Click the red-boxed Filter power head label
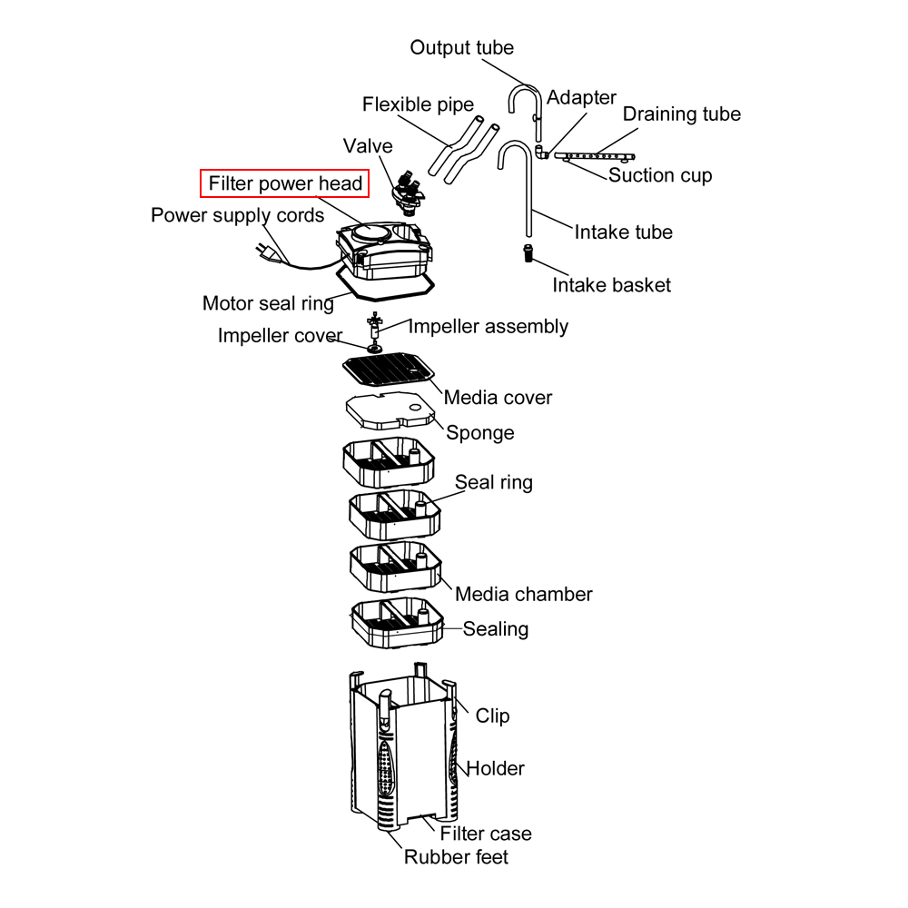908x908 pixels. (x=285, y=184)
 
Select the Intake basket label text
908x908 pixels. (x=611, y=285)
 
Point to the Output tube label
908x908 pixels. (x=461, y=48)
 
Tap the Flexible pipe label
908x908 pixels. (x=418, y=104)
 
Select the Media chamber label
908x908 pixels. (x=523, y=595)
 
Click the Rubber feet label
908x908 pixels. (x=456, y=856)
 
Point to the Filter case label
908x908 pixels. (x=486, y=834)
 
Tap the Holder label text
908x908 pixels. (x=495, y=768)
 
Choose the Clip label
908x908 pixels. (x=492, y=716)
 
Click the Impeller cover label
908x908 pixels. (x=280, y=336)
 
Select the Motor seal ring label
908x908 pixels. (x=268, y=303)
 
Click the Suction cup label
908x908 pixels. (x=660, y=175)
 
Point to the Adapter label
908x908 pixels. (x=581, y=98)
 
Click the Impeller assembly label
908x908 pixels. (x=489, y=326)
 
